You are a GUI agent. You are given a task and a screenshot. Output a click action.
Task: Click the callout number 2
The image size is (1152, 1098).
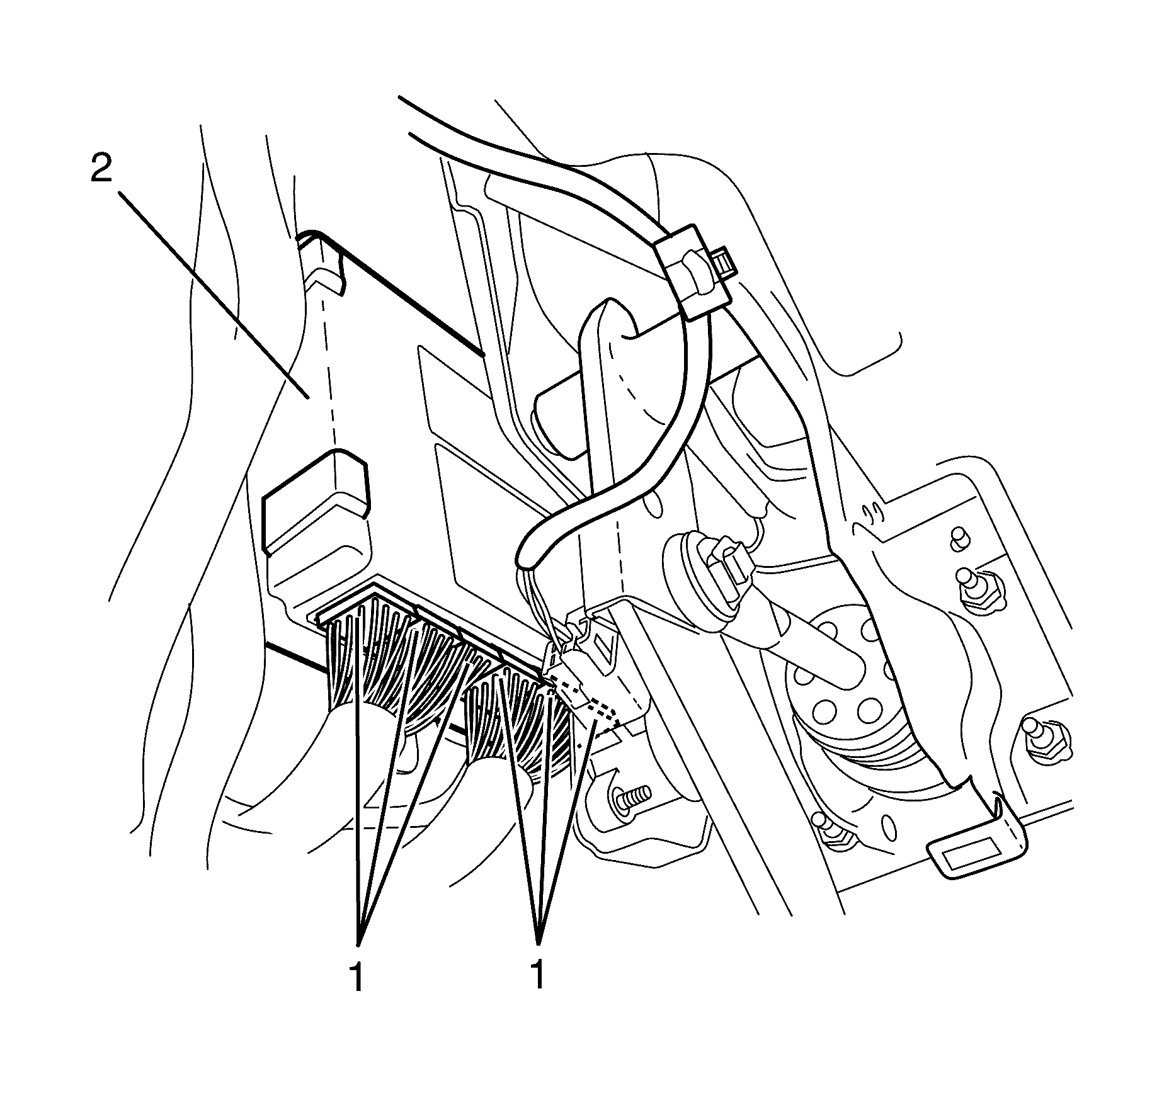[102, 169]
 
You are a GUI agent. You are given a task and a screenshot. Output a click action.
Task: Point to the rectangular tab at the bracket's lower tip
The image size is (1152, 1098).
[967, 861]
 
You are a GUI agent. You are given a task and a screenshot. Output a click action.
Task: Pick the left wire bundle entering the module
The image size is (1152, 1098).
[378, 667]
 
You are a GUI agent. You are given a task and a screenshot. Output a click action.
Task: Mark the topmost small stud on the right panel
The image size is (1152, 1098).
[959, 536]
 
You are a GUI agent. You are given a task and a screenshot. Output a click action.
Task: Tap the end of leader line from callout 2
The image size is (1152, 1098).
[307, 396]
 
